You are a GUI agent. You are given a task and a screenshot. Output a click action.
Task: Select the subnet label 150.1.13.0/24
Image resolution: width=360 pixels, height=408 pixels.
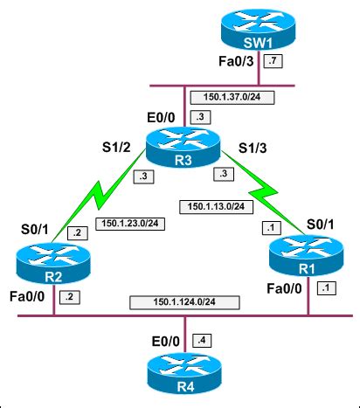tap(217, 207)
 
